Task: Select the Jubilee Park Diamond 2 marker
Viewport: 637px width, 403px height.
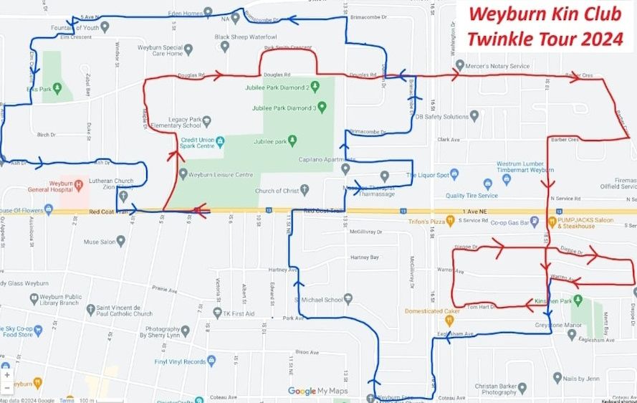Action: click(x=314, y=87)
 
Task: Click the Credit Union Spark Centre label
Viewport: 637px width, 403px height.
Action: click(x=198, y=143)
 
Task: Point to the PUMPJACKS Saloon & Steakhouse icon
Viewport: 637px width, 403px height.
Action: click(x=552, y=222)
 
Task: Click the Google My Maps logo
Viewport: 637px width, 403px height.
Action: click(x=317, y=391)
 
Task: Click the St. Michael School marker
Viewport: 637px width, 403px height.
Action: click(x=348, y=299)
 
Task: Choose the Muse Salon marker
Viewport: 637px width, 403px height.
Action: click(x=120, y=242)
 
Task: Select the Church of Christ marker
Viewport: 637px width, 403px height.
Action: click(x=305, y=190)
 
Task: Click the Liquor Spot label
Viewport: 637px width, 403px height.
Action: click(x=428, y=175)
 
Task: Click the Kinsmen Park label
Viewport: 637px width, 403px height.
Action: click(x=550, y=300)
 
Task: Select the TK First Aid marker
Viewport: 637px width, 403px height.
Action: click(x=218, y=313)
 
